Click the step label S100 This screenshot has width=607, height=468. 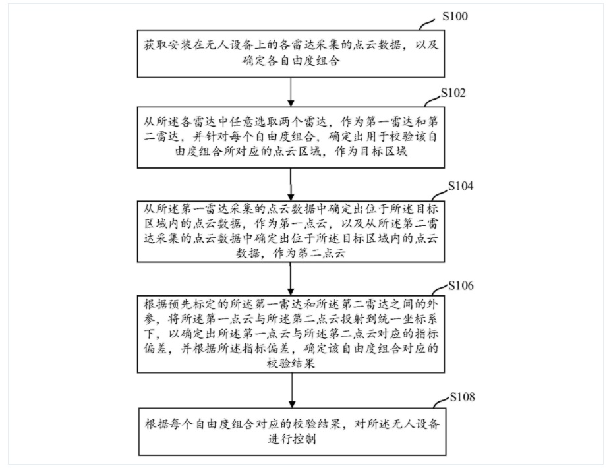point(455,16)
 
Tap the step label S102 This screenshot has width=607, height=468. point(453,93)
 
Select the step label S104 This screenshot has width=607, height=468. point(461,186)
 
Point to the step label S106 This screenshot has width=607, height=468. point(461,285)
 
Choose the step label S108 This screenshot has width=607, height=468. point(462,397)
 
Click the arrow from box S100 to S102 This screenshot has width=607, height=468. point(291,92)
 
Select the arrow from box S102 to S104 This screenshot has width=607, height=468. point(291,185)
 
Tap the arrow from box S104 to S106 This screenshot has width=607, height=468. point(291,279)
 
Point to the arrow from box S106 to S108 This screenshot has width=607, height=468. point(292,390)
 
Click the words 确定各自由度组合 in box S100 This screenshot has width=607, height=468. point(291,61)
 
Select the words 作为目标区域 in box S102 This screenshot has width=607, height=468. point(371,152)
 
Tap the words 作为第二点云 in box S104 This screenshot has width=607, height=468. point(309,254)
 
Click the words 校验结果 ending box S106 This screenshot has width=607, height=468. point(291,363)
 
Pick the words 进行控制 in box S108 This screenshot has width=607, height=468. point(292,440)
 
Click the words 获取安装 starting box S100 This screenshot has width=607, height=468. point(168,45)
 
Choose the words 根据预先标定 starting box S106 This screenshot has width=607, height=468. point(180,304)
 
